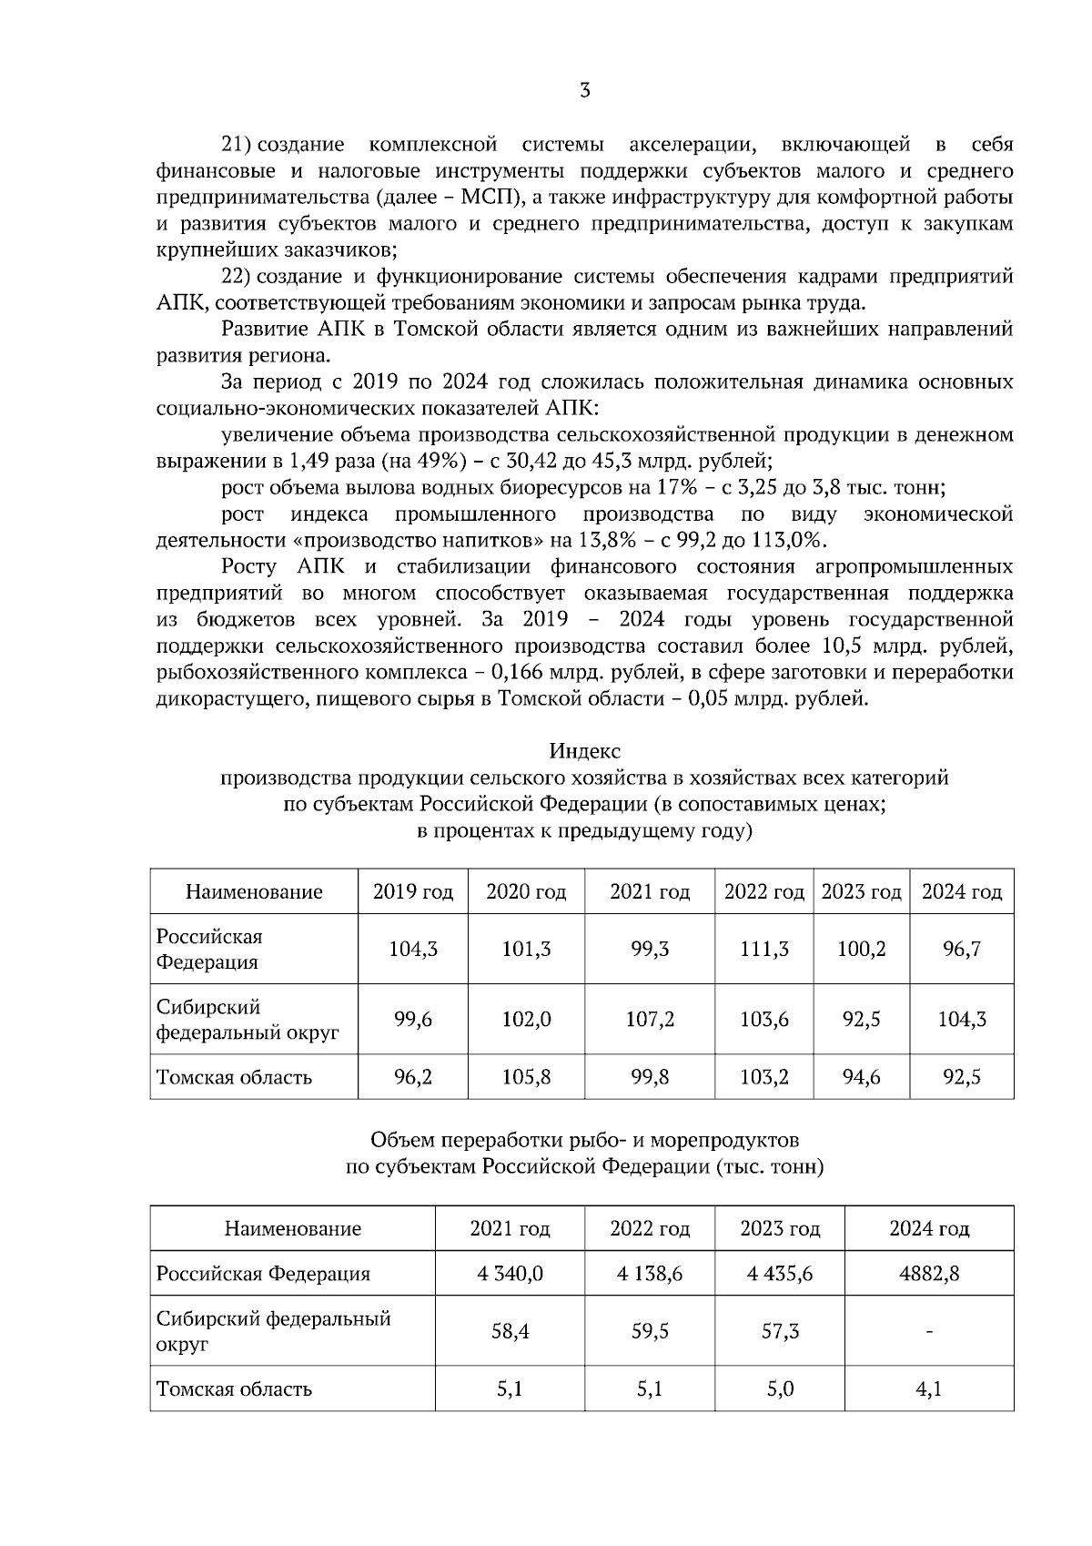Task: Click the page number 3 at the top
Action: coord(585,90)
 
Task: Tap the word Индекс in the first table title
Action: coord(584,751)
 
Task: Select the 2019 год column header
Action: coord(412,891)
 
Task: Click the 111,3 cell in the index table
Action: coord(763,949)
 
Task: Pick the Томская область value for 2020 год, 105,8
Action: coord(526,1077)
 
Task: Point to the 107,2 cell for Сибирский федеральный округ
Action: coord(650,1019)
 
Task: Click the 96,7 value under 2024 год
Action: coord(961,949)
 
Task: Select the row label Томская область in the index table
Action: coord(234,1077)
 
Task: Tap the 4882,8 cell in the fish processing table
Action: coord(928,1273)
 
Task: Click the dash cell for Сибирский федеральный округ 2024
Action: coord(928,1332)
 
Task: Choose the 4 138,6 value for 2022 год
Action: coord(649,1273)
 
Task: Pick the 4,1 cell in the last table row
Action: coord(928,1388)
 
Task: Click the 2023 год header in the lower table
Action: coord(779,1228)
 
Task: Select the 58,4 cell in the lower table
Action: coord(510,1331)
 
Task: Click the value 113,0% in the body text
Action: coord(786,540)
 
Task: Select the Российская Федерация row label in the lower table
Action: coord(263,1273)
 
